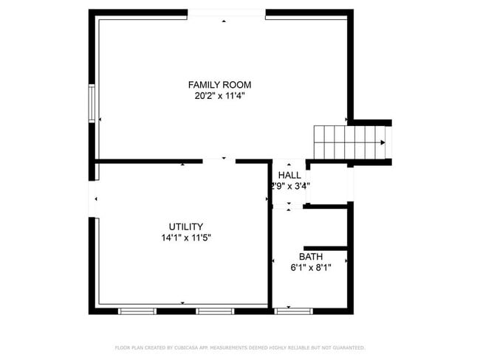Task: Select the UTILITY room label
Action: [x=186, y=226]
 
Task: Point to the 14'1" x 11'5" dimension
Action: [x=186, y=238]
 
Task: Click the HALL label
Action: [x=289, y=176]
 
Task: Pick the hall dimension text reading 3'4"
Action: [x=300, y=186]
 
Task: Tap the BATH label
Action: [x=310, y=257]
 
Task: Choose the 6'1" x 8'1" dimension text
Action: [x=310, y=268]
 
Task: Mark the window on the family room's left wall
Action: [x=92, y=104]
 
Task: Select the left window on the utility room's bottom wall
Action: [x=137, y=311]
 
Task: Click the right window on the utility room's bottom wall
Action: [x=215, y=311]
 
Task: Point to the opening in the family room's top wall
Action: [x=226, y=13]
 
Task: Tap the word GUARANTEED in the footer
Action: [x=347, y=347]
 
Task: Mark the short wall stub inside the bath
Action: [x=324, y=247]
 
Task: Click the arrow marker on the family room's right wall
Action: [x=346, y=120]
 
